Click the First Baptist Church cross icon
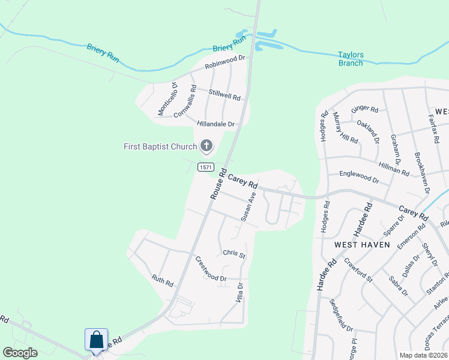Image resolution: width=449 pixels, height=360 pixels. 206,146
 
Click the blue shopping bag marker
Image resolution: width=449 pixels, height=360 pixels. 97,340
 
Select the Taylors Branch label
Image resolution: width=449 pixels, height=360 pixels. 351,59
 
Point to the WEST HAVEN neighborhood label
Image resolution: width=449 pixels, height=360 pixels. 362,245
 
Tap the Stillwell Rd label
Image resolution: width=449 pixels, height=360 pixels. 224,94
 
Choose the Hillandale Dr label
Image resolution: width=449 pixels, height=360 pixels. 215,124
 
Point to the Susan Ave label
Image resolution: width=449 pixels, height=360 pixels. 249,207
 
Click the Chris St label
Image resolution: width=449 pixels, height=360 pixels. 234,255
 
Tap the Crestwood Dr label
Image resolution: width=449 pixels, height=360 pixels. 211,269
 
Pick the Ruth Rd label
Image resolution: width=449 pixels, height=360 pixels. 162,280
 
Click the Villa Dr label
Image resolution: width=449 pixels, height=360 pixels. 240,292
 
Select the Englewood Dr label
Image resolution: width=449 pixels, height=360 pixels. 360,179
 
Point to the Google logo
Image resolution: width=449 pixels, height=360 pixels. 20,352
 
